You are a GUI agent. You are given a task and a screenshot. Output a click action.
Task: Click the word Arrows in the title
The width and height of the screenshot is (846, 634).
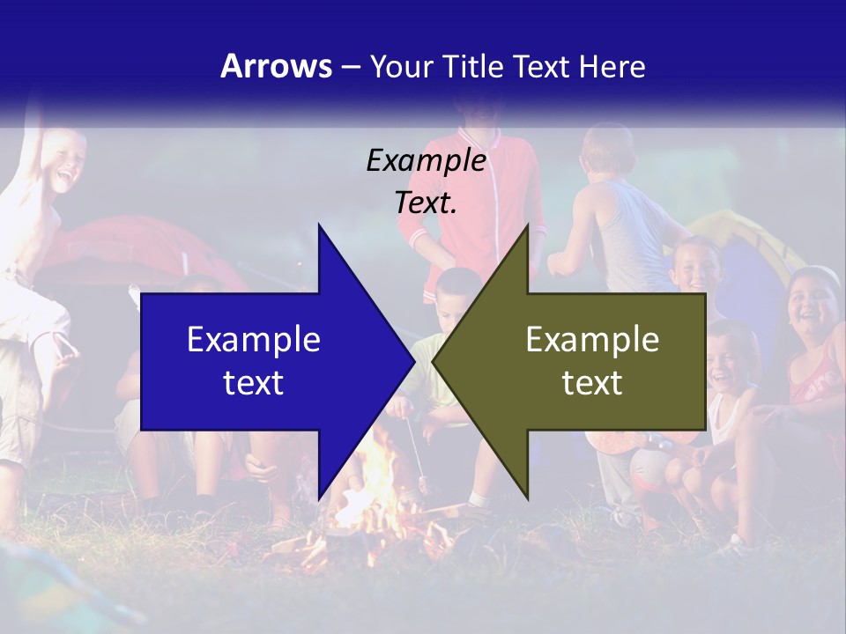[276, 66]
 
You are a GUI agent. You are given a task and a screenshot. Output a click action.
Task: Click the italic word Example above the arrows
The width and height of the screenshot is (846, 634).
[426, 161]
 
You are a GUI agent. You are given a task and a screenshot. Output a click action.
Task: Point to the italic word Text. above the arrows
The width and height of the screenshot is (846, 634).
[426, 203]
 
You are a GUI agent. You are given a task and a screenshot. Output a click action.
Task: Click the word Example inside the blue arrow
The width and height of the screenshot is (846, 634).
[254, 339]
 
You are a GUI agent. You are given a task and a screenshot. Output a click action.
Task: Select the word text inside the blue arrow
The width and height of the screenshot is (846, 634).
[254, 382]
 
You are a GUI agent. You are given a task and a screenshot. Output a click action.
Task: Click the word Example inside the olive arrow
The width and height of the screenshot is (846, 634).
[592, 339]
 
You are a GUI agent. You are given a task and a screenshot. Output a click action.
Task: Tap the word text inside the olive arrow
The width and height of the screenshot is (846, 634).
[592, 382]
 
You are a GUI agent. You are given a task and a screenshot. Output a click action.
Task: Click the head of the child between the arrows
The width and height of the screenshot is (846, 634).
[458, 295]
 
